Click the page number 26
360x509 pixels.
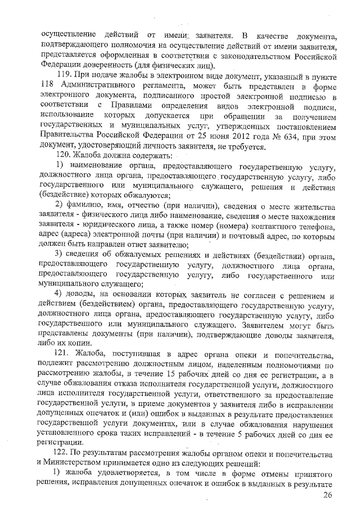click(327, 495)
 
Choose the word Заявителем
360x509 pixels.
click(249, 326)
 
